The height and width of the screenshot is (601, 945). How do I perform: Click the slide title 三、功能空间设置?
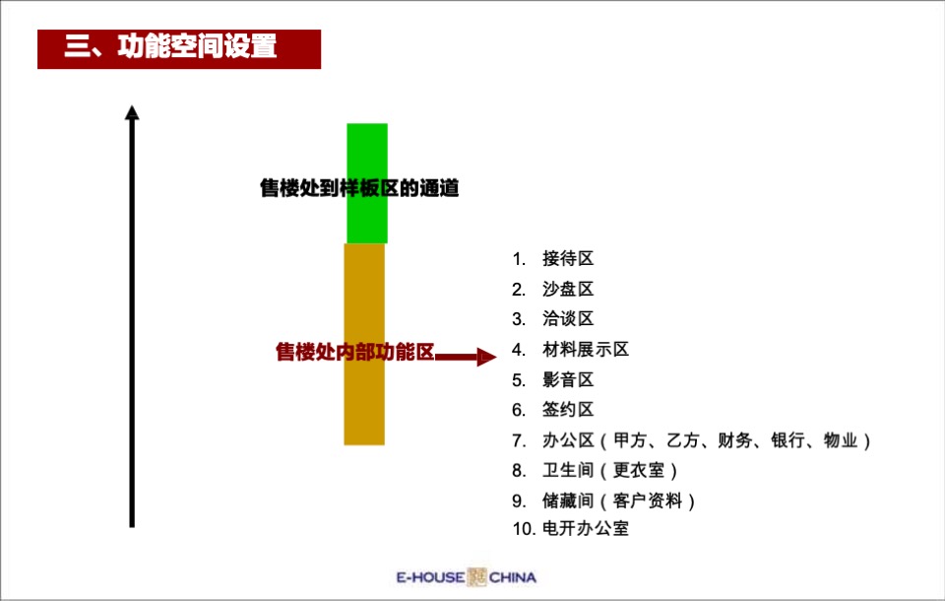point(170,47)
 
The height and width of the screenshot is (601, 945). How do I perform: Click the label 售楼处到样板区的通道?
point(359,188)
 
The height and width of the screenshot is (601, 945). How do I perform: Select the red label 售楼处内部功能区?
point(354,353)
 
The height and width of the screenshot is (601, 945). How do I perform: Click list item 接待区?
point(568,259)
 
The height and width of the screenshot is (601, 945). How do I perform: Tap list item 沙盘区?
point(568,290)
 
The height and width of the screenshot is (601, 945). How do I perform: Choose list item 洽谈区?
point(568,319)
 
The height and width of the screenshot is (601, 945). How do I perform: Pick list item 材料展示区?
point(585,350)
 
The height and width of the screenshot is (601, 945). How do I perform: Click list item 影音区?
point(568,380)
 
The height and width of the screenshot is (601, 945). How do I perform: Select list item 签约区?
point(568,410)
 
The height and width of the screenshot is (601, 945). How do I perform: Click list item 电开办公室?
point(585,529)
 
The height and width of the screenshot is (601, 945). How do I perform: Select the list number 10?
point(523,529)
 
